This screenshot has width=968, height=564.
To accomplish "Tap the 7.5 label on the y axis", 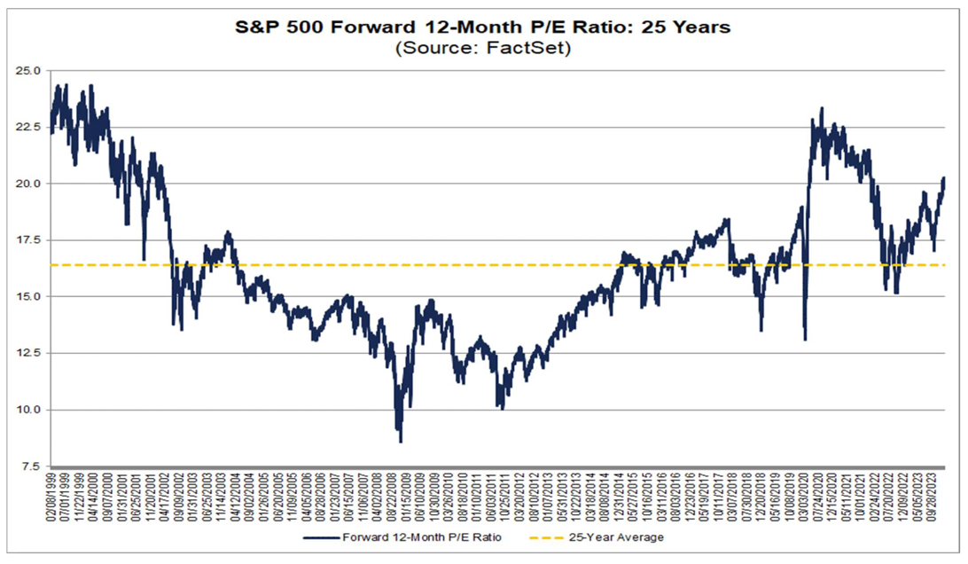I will point(29,466).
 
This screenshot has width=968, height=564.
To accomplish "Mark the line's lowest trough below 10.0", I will point(401,441).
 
